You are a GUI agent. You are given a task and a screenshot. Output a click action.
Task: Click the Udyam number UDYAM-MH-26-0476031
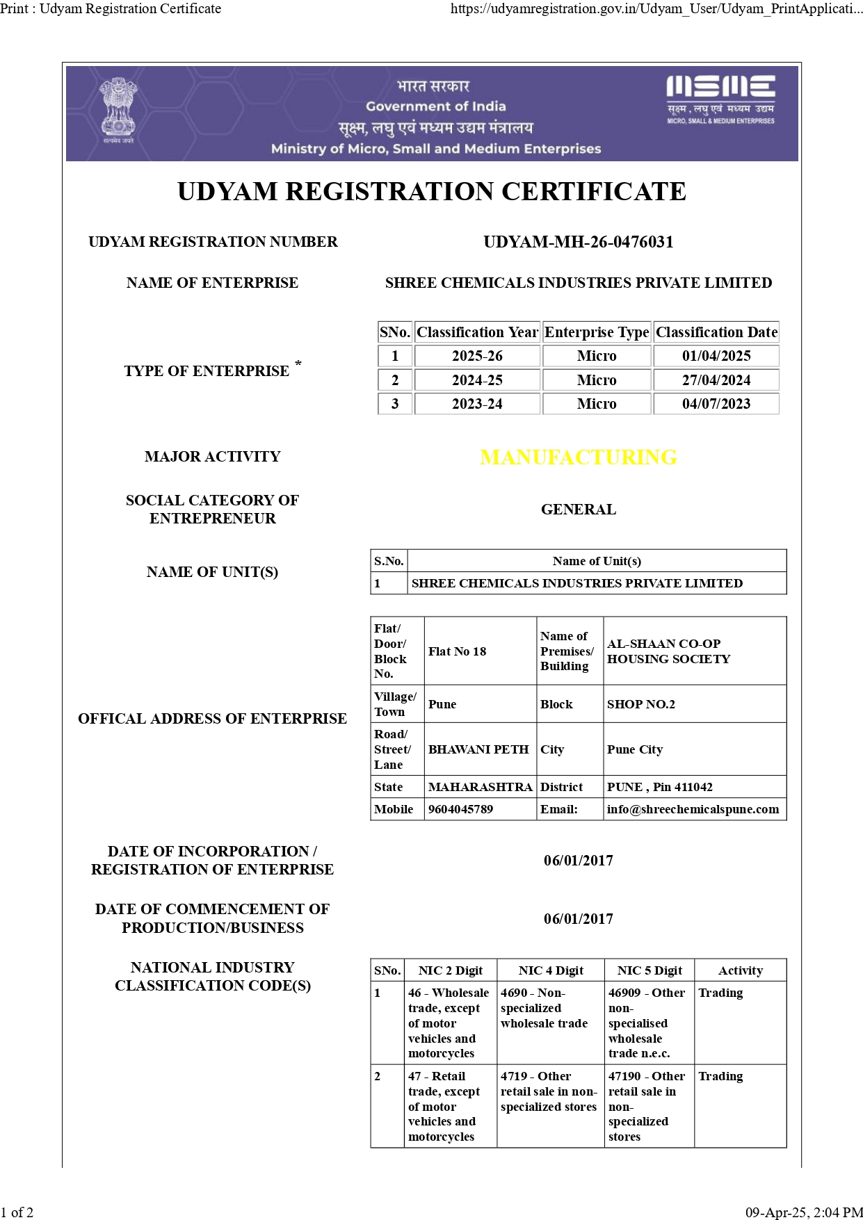(x=578, y=242)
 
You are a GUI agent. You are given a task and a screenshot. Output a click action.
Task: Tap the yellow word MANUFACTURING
(x=578, y=457)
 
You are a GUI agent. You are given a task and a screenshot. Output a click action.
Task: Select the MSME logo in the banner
(x=720, y=99)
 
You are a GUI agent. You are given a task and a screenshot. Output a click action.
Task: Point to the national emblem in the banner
(x=118, y=110)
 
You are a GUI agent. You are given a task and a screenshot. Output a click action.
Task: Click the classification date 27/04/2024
(x=716, y=380)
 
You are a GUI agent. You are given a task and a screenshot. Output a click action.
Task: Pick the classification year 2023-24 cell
(x=477, y=404)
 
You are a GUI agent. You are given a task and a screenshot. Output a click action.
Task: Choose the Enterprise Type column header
(x=597, y=332)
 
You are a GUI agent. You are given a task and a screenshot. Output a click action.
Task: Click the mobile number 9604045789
(x=460, y=809)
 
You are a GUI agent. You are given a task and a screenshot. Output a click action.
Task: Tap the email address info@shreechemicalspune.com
(x=693, y=809)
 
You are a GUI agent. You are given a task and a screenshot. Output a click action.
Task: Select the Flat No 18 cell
(x=458, y=651)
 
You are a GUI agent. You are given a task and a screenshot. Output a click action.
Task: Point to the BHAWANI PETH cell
(x=478, y=749)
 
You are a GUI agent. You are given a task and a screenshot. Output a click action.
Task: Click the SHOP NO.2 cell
(x=640, y=704)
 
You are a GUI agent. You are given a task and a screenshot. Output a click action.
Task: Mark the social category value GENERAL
(x=578, y=510)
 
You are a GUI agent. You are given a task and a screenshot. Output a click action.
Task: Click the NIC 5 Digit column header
(x=650, y=970)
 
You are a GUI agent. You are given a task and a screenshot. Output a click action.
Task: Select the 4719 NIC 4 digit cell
(x=549, y=1091)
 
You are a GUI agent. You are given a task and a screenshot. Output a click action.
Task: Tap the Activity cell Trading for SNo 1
(x=720, y=993)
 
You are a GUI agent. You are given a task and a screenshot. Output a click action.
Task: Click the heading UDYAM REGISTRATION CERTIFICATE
(x=431, y=191)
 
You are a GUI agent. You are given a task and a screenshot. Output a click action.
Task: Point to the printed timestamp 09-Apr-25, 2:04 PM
(x=803, y=1212)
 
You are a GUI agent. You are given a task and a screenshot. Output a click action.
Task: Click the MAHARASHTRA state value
(x=480, y=787)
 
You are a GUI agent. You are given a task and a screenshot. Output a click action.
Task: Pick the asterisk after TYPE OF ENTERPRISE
(x=298, y=364)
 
